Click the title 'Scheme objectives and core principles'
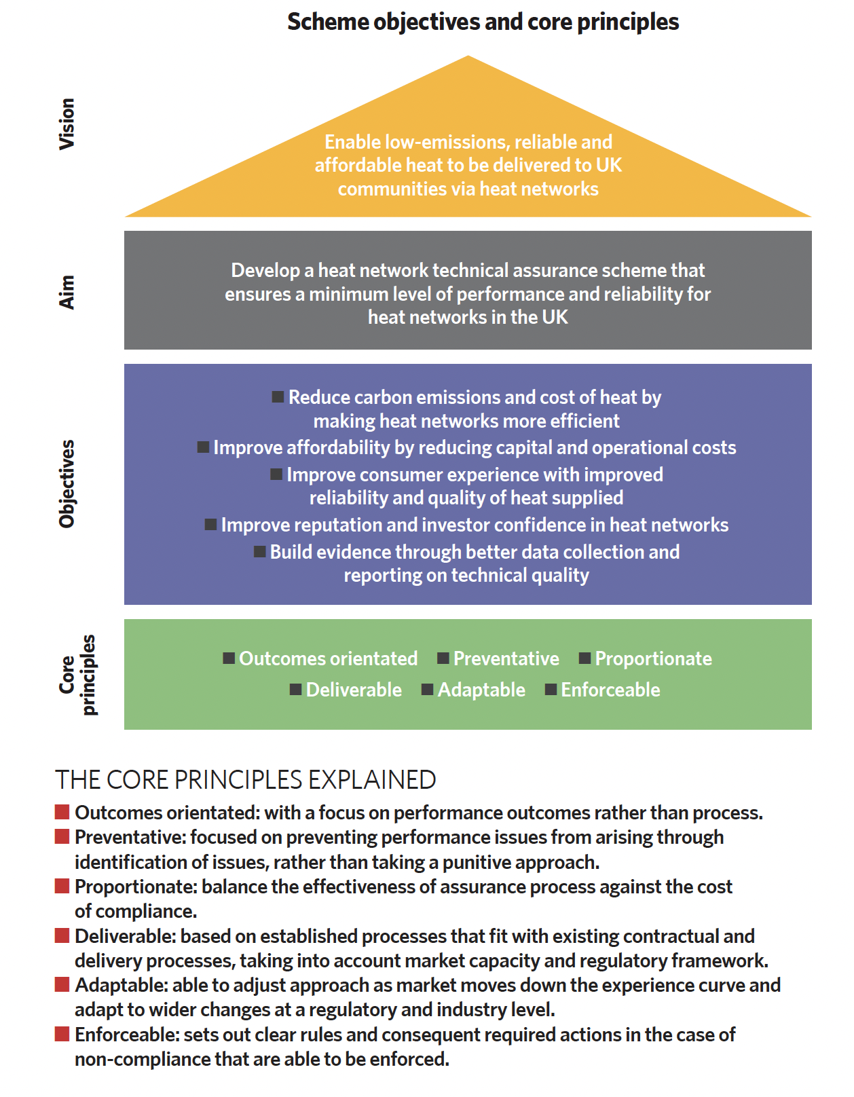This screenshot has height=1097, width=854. click(483, 22)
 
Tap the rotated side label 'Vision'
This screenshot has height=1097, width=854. click(67, 124)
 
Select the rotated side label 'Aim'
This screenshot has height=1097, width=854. click(67, 293)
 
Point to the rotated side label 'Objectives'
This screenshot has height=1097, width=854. click(67, 484)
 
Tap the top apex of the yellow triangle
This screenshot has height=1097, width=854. click(468, 56)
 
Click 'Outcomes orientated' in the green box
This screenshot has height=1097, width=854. click(328, 658)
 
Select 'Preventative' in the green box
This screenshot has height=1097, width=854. click(506, 658)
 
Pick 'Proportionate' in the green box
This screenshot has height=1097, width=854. click(654, 658)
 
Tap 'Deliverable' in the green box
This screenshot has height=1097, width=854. click(354, 690)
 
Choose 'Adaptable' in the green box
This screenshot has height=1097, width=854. click(481, 690)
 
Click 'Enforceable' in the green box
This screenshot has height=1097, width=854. click(611, 690)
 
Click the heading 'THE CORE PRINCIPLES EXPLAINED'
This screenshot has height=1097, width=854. click(246, 779)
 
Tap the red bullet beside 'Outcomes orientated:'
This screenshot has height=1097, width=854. click(62, 812)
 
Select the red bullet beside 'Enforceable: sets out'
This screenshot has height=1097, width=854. click(62, 1034)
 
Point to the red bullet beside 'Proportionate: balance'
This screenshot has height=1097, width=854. click(62, 886)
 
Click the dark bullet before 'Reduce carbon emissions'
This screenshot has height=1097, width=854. click(278, 397)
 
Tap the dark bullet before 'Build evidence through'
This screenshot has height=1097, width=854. click(259, 551)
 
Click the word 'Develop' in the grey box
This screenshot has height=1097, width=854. click(265, 271)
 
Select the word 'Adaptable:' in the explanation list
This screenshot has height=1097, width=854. click(122, 985)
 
